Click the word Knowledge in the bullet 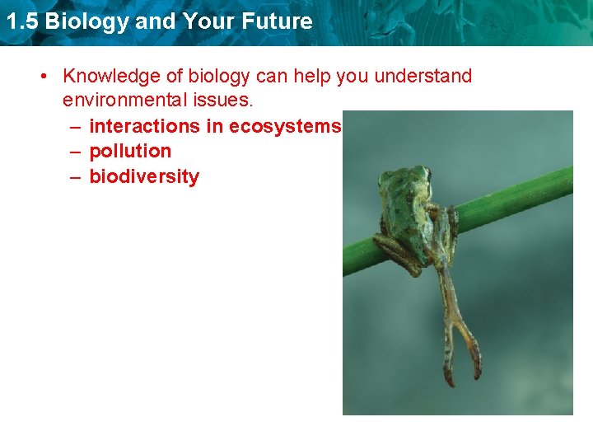coord(106,77)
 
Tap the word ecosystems coord(285,126)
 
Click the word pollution coord(130,151)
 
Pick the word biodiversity coord(144,176)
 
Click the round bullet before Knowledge coord(45,77)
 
